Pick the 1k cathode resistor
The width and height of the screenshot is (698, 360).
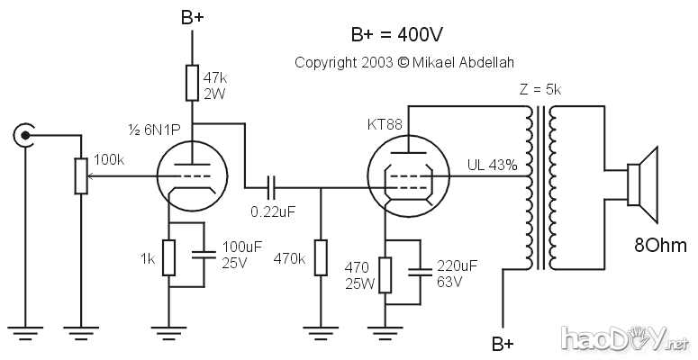tap(169, 259)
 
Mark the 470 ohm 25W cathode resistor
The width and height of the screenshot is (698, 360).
tap(385, 274)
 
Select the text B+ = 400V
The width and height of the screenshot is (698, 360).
tap(398, 34)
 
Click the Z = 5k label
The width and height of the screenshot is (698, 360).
tap(540, 91)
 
